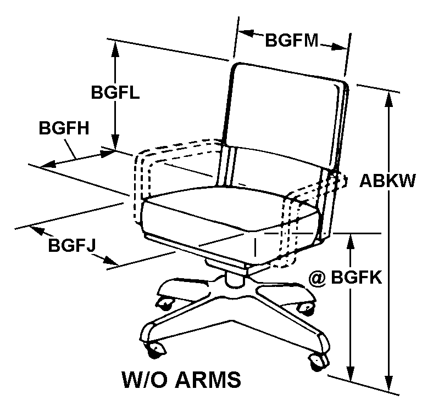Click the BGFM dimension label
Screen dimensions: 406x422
click(292, 41)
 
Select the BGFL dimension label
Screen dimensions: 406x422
click(115, 91)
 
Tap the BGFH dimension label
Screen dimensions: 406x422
click(64, 127)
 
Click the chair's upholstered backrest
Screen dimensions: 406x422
click(286, 115)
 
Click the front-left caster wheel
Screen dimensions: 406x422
click(157, 348)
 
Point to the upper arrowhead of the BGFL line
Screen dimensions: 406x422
click(115, 46)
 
